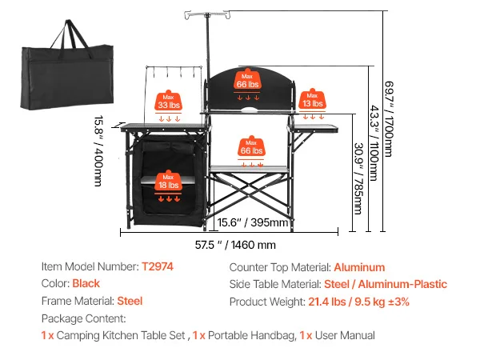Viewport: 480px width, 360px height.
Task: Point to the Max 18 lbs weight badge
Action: tap(168, 181)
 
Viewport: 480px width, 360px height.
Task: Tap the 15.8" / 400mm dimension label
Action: tap(98, 152)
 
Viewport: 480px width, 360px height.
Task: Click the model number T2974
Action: tap(157, 267)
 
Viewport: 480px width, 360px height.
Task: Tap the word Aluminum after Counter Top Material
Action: tap(359, 267)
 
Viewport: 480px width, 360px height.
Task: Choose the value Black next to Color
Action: tap(86, 284)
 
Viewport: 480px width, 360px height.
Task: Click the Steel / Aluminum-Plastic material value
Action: tap(386, 284)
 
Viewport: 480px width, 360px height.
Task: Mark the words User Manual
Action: tap(343, 336)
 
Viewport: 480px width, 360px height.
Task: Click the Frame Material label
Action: tap(77, 302)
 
